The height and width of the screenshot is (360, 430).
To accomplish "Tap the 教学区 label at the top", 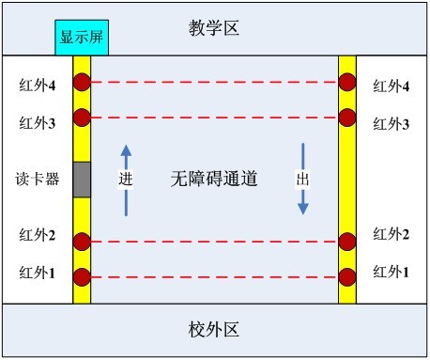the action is (214, 27).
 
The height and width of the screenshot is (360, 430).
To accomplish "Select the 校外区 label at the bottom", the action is (214, 330).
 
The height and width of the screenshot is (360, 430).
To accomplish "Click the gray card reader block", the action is (82, 180).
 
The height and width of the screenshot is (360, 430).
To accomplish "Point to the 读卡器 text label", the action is (38, 179).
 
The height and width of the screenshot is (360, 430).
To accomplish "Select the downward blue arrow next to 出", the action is (302, 179).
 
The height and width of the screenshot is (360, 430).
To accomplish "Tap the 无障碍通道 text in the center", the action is (214, 178).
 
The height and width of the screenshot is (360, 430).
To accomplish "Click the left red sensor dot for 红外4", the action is (82, 82).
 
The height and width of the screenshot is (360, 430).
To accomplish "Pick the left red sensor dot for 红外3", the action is (82, 117).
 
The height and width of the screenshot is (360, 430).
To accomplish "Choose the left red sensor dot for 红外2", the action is (82, 242).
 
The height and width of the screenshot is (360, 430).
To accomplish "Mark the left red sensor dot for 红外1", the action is (82, 277).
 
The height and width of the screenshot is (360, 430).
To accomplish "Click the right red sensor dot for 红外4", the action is (347, 82).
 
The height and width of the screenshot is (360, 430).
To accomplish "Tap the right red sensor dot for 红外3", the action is (347, 117).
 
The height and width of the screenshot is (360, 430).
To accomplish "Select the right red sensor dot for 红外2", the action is (347, 242).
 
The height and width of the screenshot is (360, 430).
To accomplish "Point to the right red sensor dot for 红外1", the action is (347, 277).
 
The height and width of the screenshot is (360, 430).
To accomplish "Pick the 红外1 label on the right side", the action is (392, 272).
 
